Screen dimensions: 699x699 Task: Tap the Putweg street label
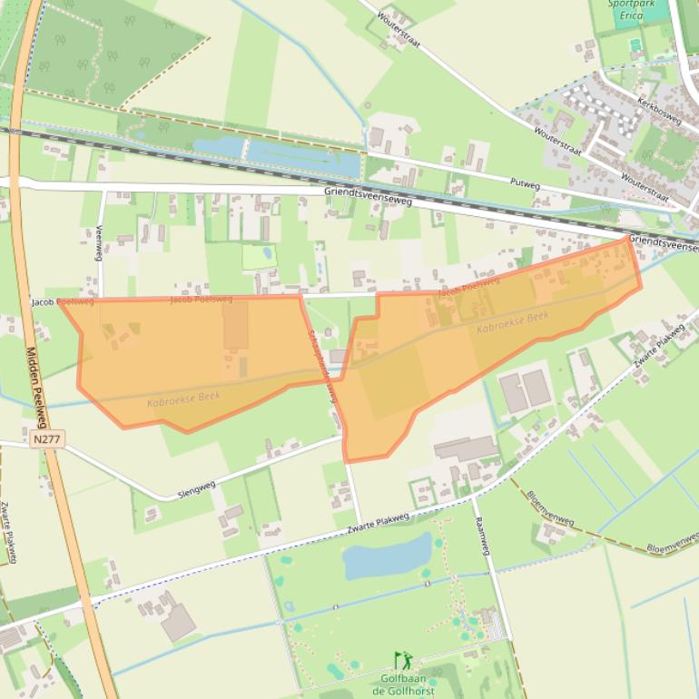525,183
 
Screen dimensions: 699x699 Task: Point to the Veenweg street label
99,243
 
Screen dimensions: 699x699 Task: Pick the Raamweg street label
482,537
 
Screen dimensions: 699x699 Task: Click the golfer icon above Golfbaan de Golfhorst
402,660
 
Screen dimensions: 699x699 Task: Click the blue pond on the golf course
388,556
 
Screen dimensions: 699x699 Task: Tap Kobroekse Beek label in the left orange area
184,397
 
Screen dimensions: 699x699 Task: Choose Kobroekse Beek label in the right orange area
513,321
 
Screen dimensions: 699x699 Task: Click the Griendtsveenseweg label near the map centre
368,196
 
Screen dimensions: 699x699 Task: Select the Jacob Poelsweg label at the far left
62,301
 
